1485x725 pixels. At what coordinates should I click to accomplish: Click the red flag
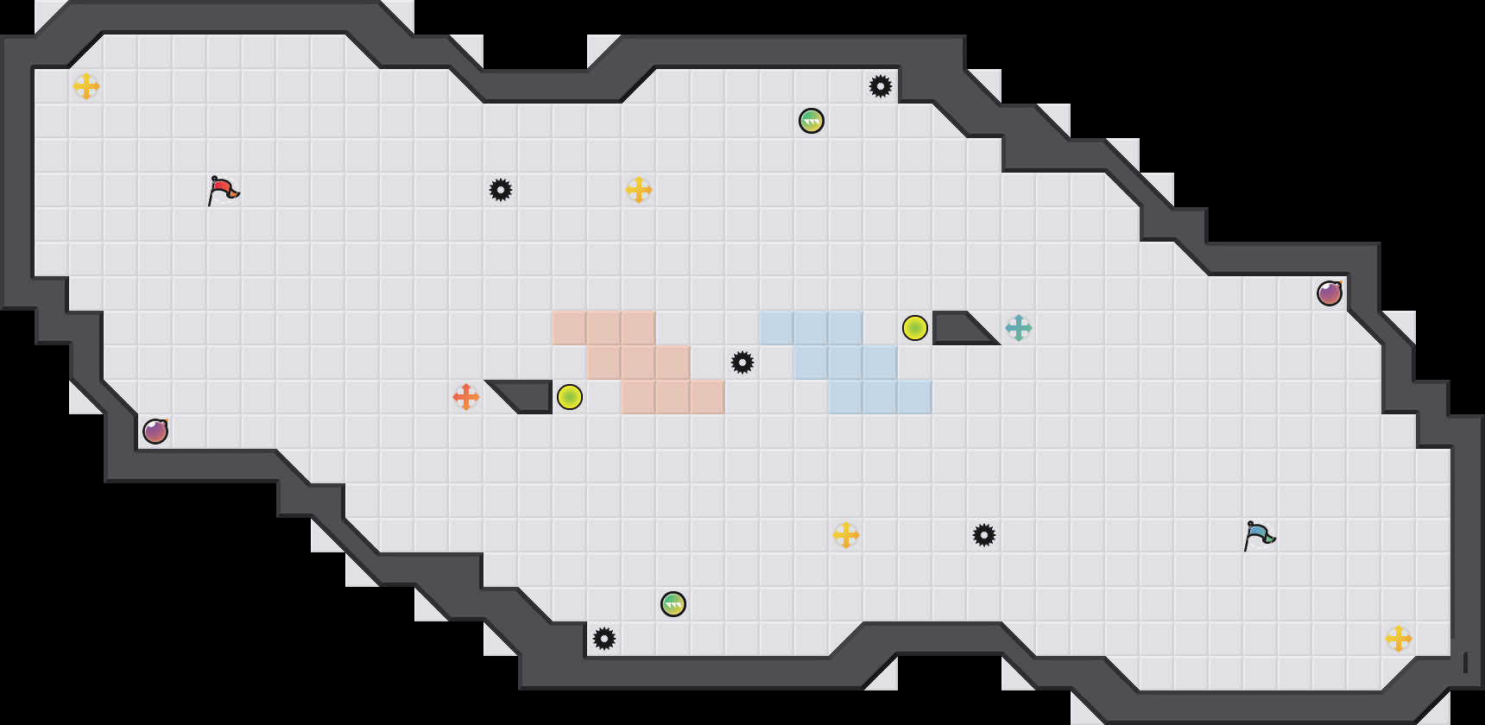[x=223, y=189]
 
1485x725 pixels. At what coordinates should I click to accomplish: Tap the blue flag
[x=1259, y=534]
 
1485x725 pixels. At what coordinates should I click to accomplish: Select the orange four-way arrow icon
[x=466, y=397]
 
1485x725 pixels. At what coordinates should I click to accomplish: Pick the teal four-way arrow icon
[x=1019, y=328]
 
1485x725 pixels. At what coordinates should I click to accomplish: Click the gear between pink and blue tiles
[x=742, y=362]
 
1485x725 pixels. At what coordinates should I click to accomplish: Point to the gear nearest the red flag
[x=501, y=190]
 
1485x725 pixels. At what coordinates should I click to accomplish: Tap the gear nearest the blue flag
[x=984, y=535]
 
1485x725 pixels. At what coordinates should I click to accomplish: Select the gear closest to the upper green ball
[x=881, y=86]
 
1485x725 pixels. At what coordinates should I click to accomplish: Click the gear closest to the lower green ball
[x=604, y=639]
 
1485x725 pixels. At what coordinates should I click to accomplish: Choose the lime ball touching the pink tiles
[x=570, y=397]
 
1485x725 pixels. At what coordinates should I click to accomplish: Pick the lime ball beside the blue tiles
[x=915, y=328]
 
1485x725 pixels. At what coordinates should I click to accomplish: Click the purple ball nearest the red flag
[x=155, y=431]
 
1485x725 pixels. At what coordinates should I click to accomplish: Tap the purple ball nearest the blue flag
[x=1330, y=293]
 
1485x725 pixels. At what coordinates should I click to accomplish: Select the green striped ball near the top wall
[x=812, y=121]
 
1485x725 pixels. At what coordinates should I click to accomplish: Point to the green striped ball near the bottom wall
[x=673, y=604]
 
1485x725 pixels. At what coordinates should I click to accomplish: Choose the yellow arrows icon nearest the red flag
[x=86, y=86]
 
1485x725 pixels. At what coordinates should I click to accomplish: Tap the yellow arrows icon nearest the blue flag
[x=1399, y=639]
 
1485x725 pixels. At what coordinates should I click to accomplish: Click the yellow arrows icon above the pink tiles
[x=639, y=190]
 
